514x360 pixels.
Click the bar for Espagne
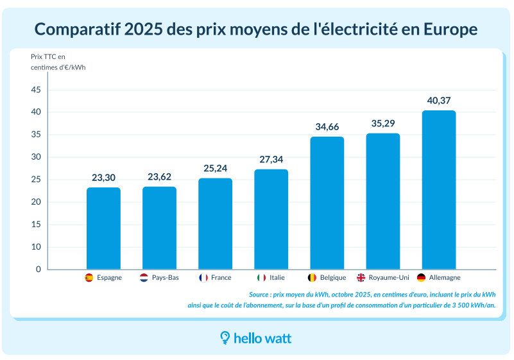pyautogui.click(x=103, y=228)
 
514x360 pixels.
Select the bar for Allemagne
pyautogui.click(x=439, y=190)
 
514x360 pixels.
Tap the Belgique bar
pyautogui.click(x=327, y=203)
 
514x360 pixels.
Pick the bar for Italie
pyautogui.click(x=271, y=219)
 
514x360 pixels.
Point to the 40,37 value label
pyautogui.click(x=439, y=101)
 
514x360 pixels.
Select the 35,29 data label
pyautogui.click(x=383, y=123)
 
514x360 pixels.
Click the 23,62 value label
pyautogui.click(x=159, y=177)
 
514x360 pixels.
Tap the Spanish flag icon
pyautogui.click(x=89, y=278)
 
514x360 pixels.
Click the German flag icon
pyautogui.click(x=421, y=278)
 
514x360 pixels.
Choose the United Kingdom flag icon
pyautogui.click(x=361, y=278)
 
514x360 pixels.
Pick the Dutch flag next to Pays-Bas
pyautogui.click(x=144, y=278)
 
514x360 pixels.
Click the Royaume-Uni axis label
pyautogui.click(x=388, y=278)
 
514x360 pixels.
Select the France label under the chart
pyautogui.click(x=221, y=278)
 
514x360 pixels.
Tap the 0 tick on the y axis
pyautogui.click(x=38, y=270)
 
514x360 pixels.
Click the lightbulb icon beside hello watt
pyautogui.click(x=225, y=338)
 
